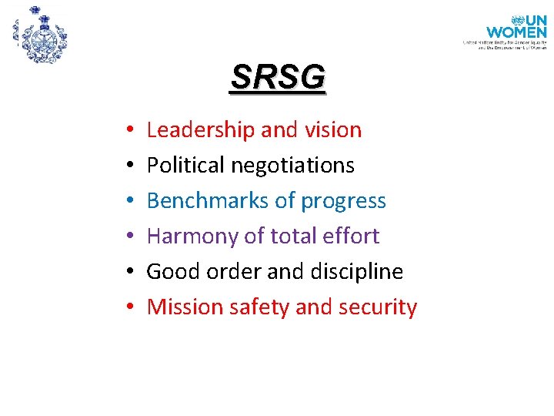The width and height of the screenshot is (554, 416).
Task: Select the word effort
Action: pos(353,236)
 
